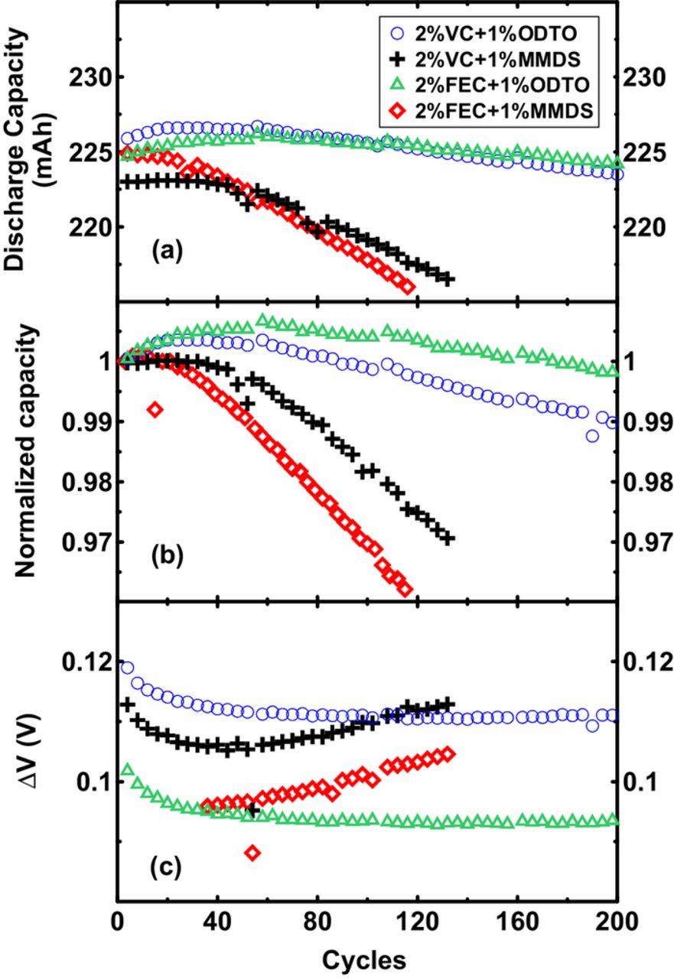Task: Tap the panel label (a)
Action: (168, 251)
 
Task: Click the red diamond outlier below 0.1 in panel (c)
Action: (252, 852)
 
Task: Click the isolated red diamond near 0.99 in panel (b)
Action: (155, 409)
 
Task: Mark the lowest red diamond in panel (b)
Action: (405, 588)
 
